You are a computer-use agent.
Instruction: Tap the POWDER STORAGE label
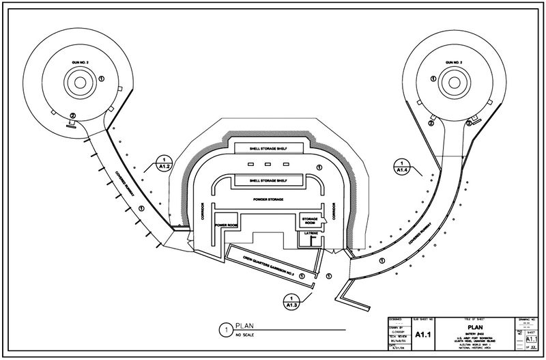click(x=268, y=199)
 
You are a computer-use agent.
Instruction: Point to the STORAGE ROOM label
click(x=311, y=220)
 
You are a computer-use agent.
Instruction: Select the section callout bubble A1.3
click(x=291, y=301)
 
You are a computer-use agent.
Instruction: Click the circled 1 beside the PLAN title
click(x=223, y=330)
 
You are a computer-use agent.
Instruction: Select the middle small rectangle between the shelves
click(x=268, y=166)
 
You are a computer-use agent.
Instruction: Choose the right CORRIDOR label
click(x=334, y=214)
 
